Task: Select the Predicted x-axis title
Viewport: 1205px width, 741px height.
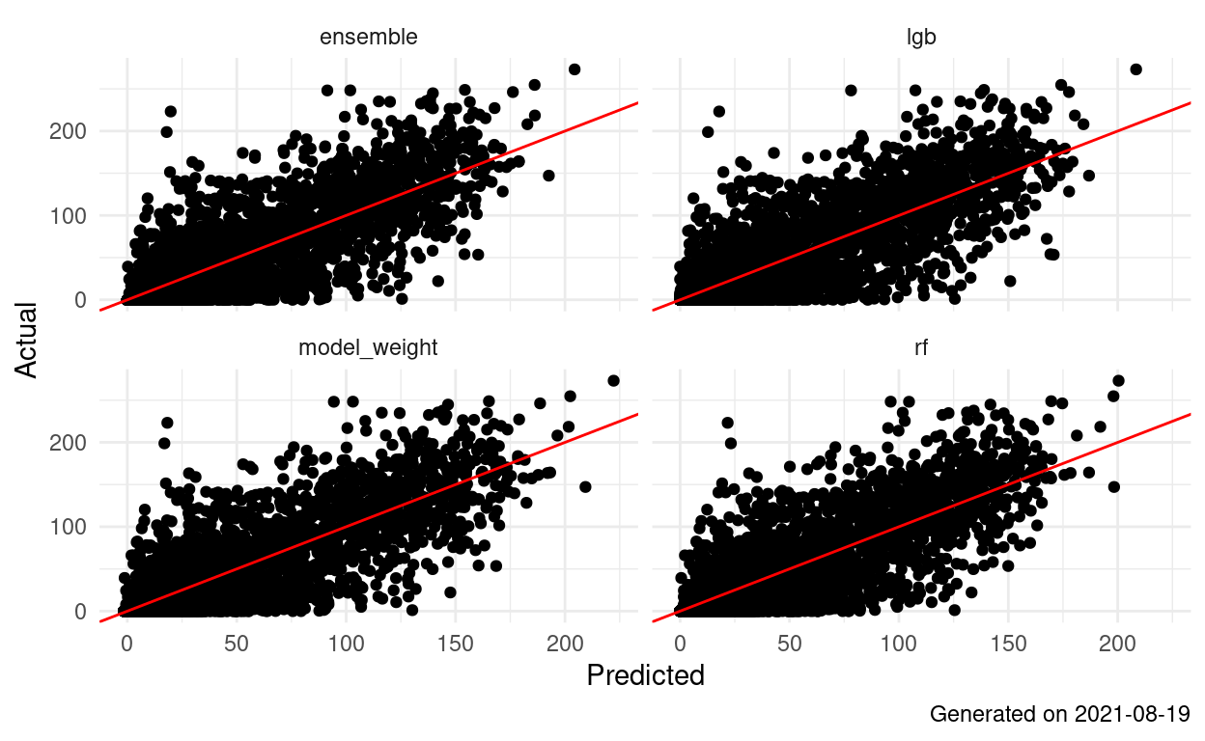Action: point(645,675)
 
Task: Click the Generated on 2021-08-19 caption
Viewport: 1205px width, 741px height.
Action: point(1059,715)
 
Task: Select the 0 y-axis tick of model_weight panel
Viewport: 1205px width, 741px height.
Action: point(85,612)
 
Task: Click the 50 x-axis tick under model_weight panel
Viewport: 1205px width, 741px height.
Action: point(237,642)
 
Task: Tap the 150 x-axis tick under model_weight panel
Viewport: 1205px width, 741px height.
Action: point(457,642)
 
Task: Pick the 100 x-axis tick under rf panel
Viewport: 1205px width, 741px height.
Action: point(899,642)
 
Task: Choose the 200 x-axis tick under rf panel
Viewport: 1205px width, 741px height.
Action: point(1118,642)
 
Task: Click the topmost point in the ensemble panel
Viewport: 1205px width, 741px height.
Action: point(574,69)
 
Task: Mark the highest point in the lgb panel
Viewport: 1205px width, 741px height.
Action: point(1135,69)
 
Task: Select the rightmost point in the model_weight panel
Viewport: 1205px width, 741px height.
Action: point(613,380)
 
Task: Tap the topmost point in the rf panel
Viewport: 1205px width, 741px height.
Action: point(1118,380)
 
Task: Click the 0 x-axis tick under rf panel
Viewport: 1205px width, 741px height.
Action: point(680,642)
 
